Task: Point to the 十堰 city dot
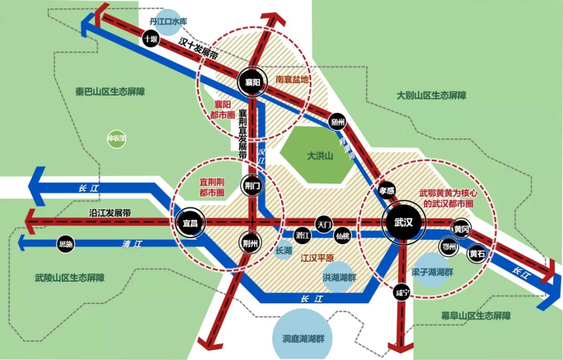click(151, 39)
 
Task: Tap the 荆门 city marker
click(251, 185)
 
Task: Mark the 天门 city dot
click(324, 224)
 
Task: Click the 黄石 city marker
click(477, 254)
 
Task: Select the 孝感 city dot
click(386, 190)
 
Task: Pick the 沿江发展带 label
click(109, 213)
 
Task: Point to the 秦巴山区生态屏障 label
click(110, 91)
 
